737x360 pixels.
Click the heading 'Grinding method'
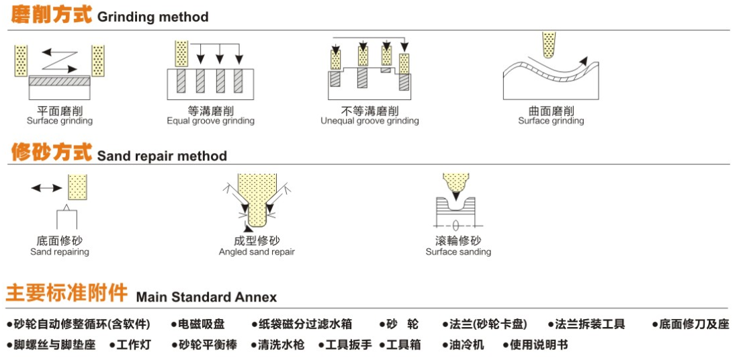[153, 17]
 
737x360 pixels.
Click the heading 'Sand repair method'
[162, 156]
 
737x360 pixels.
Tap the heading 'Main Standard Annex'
[206, 297]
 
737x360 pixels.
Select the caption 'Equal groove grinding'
[210, 122]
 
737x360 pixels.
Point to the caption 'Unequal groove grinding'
[370, 122]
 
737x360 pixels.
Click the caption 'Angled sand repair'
[257, 253]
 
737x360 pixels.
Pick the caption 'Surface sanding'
[458, 253]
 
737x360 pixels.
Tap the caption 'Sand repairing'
[60, 253]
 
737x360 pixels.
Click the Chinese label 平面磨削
[60, 111]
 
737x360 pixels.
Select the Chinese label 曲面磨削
[551, 111]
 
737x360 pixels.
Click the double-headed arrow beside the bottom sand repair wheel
[46, 188]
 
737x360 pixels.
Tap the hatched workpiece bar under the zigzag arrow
[60, 81]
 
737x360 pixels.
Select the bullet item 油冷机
[464, 345]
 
